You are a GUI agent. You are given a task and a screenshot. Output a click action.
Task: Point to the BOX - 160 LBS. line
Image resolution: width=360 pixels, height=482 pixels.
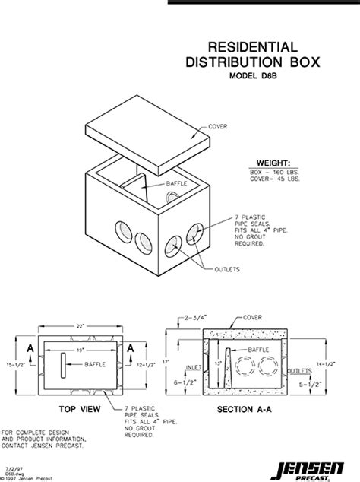[x=273, y=173]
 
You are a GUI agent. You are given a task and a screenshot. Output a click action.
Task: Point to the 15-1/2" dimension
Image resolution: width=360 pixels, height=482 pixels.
[x=9, y=369]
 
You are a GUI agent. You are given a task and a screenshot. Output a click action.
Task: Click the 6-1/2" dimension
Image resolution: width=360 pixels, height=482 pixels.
[x=182, y=382]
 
